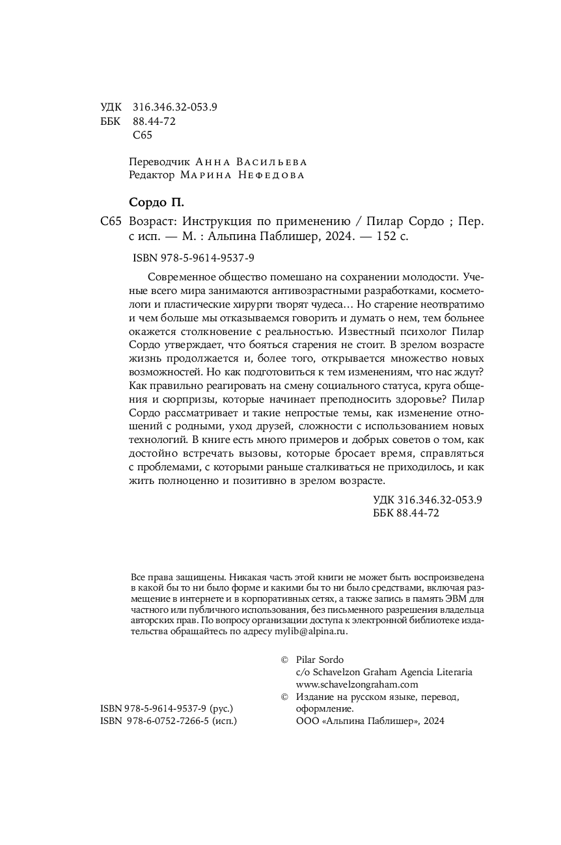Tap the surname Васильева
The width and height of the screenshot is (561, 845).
click(269, 162)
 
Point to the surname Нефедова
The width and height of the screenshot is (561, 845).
click(269, 175)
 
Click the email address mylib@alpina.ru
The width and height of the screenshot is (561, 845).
click(312, 630)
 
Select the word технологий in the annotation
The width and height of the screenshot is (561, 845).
click(156, 440)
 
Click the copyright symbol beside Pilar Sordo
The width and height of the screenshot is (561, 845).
click(284, 660)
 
